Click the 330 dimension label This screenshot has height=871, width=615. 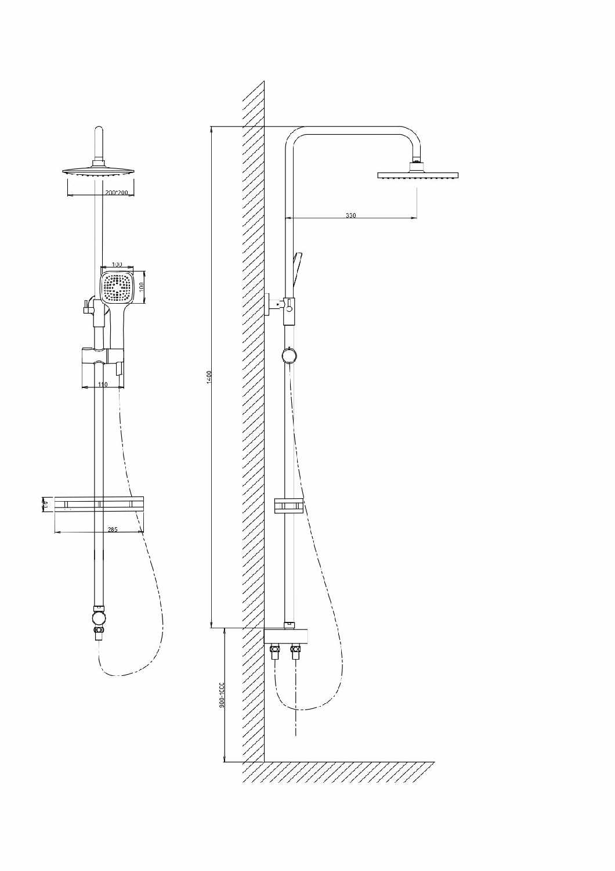click(351, 215)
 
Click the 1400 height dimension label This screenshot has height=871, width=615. click(209, 376)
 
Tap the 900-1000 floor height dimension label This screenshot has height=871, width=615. click(222, 694)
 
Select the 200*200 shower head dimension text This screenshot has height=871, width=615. click(117, 192)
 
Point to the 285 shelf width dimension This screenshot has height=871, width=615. click(113, 530)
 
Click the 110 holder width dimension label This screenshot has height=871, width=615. click(103, 384)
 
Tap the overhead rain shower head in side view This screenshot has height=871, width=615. click(418, 175)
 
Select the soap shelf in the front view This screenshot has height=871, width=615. click(99, 504)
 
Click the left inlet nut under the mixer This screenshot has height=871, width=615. click(276, 653)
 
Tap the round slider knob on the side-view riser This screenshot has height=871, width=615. click(288, 355)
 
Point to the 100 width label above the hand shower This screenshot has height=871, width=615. click(117, 265)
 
